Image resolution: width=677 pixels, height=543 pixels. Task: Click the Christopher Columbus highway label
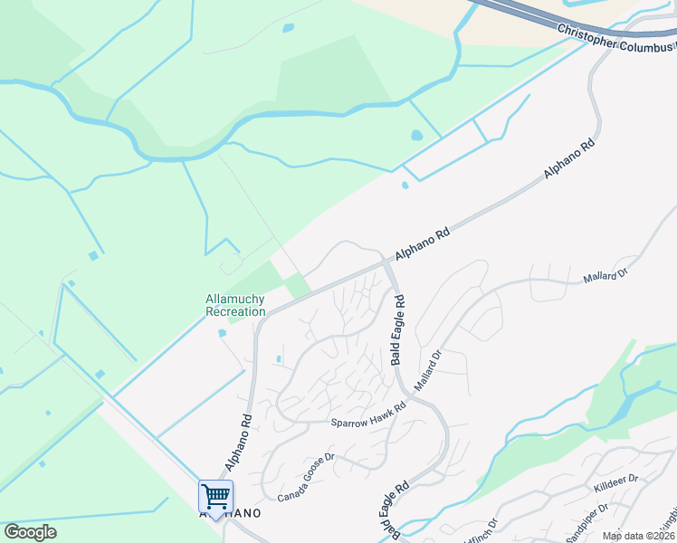tap(615, 39)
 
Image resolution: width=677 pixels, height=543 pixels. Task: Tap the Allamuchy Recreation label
tap(236, 305)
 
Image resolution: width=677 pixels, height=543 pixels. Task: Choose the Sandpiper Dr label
tap(587, 525)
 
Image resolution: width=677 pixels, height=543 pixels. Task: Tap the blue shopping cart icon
tap(215, 496)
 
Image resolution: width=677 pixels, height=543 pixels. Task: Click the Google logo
tap(30, 532)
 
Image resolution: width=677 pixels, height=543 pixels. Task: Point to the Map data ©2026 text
tap(638, 536)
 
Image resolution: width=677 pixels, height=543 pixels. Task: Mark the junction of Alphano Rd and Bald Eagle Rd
tap(387, 262)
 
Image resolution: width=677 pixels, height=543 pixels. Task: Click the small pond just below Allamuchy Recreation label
tap(223, 333)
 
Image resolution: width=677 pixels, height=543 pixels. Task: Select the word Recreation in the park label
tap(236, 311)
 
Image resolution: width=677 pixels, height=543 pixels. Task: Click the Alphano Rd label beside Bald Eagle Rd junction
tap(422, 244)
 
